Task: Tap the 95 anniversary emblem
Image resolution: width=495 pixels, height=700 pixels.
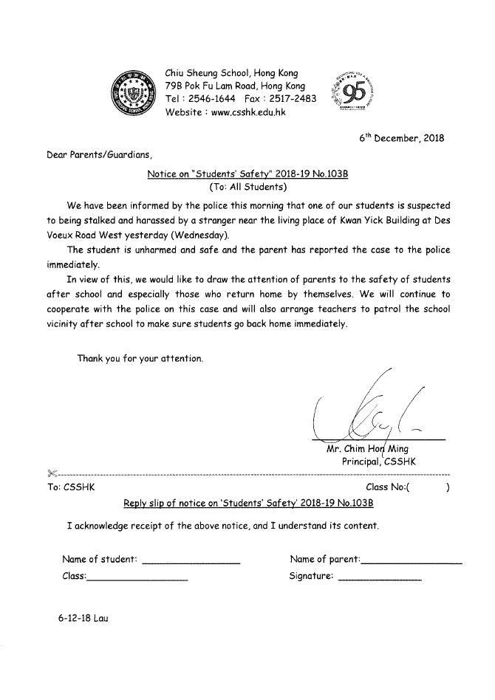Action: click(x=357, y=93)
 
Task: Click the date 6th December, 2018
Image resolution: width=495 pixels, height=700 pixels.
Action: click(x=402, y=138)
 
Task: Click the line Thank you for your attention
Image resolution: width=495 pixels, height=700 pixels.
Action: click(x=140, y=358)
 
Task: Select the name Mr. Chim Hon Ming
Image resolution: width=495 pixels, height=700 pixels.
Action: click(x=367, y=448)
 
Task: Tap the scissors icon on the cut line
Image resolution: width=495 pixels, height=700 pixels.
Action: click(x=50, y=473)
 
